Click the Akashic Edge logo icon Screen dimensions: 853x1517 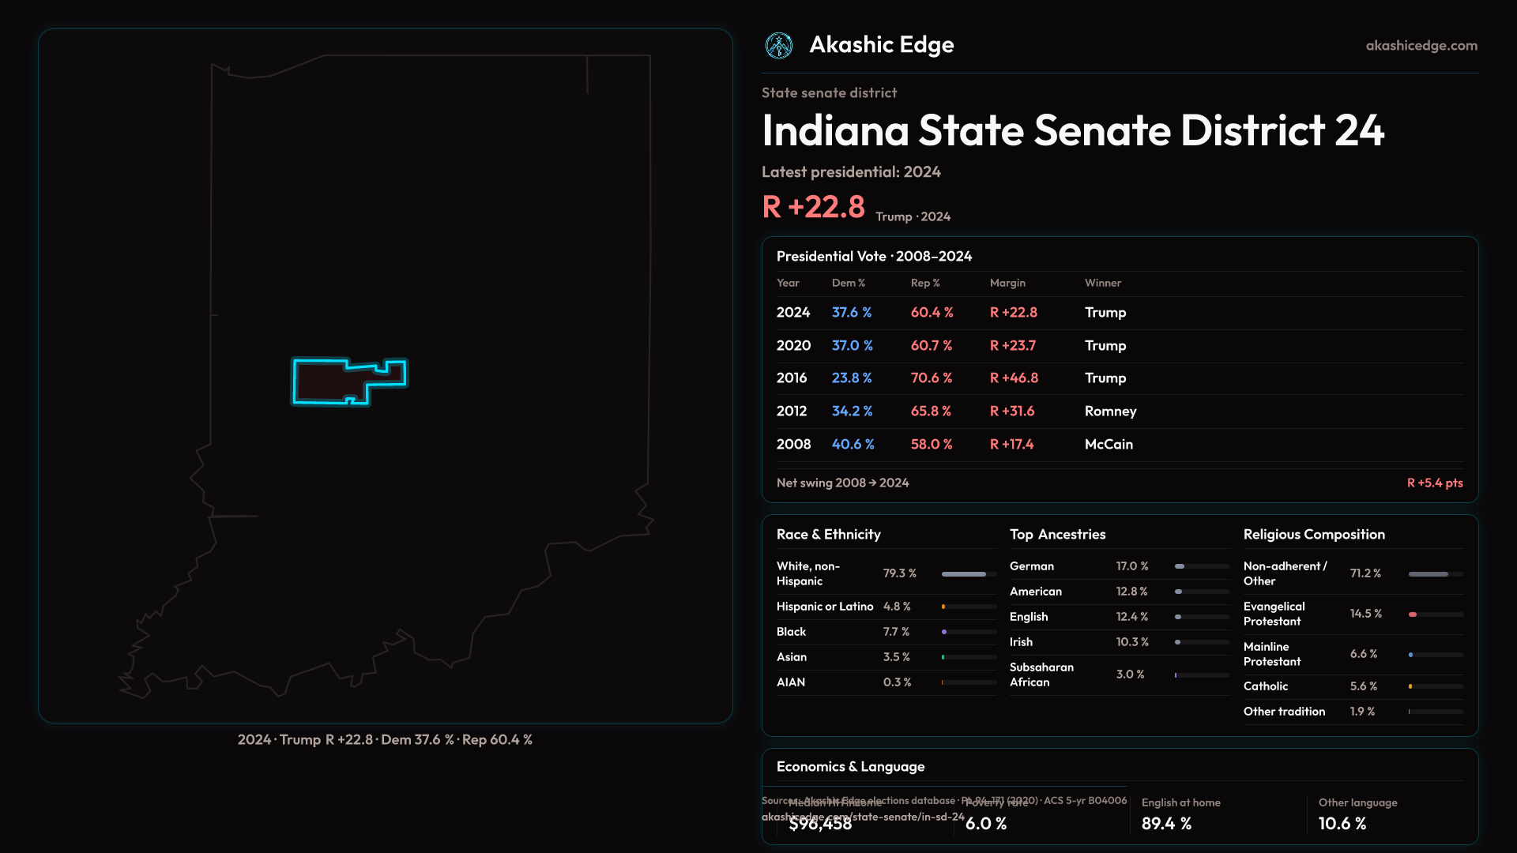[778, 46]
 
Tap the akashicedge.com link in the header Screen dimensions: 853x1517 [1421, 46]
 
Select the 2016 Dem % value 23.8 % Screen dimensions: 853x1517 [851, 378]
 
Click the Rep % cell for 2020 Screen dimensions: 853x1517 [931, 346]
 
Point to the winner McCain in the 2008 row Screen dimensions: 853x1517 [1108, 445]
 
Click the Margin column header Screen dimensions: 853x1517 [1007, 283]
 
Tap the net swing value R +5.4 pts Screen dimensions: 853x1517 [1434, 483]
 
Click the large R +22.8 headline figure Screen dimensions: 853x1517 [813, 207]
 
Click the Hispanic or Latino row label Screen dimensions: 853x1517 [824, 607]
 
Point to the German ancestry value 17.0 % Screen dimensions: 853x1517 [1131, 566]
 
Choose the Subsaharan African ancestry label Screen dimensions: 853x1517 [1041, 675]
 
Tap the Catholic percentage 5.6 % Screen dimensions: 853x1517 [1363, 686]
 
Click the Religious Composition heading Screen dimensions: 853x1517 [1313, 535]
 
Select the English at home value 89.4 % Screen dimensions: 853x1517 [1166, 824]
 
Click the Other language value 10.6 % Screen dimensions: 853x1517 [1342, 824]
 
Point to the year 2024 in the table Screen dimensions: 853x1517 [792, 313]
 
